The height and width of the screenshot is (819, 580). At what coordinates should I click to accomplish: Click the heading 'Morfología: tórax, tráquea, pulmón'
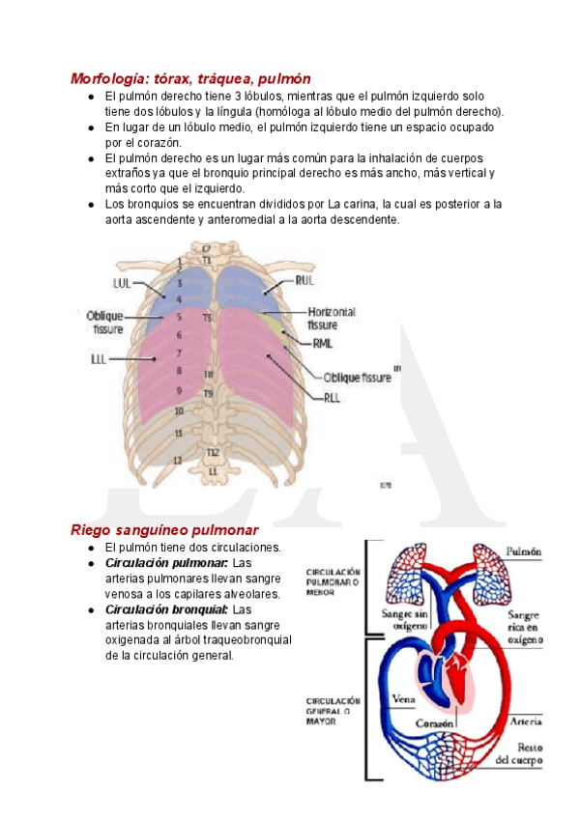click(x=190, y=78)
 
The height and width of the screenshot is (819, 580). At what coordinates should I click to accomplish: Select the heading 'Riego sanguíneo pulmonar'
click(x=164, y=530)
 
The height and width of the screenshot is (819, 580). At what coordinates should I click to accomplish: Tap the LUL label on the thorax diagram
click(x=122, y=283)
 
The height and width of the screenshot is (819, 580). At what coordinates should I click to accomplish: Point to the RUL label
click(x=304, y=280)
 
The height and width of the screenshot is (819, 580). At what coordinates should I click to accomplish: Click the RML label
click(x=323, y=343)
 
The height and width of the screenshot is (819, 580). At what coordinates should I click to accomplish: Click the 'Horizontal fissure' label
click(x=331, y=319)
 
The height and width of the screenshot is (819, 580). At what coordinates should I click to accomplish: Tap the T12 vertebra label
click(x=212, y=453)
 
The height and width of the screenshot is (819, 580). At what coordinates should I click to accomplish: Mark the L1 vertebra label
click(x=213, y=470)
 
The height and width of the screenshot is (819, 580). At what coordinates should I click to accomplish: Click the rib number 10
click(x=178, y=410)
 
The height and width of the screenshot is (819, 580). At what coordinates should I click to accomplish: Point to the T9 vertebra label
click(x=208, y=393)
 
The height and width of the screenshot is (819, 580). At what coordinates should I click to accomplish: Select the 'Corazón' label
click(x=436, y=722)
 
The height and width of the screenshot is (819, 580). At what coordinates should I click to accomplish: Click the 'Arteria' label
click(x=525, y=720)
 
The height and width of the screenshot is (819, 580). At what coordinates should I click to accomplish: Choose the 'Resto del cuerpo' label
click(x=520, y=752)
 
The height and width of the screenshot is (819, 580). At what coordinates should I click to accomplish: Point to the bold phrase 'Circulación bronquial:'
click(x=166, y=610)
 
